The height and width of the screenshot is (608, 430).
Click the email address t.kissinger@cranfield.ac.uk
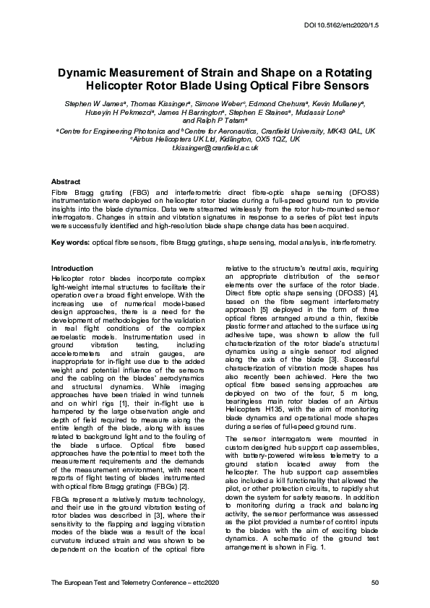click(x=215, y=147)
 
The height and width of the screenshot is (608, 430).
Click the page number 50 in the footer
click(x=374, y=582)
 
